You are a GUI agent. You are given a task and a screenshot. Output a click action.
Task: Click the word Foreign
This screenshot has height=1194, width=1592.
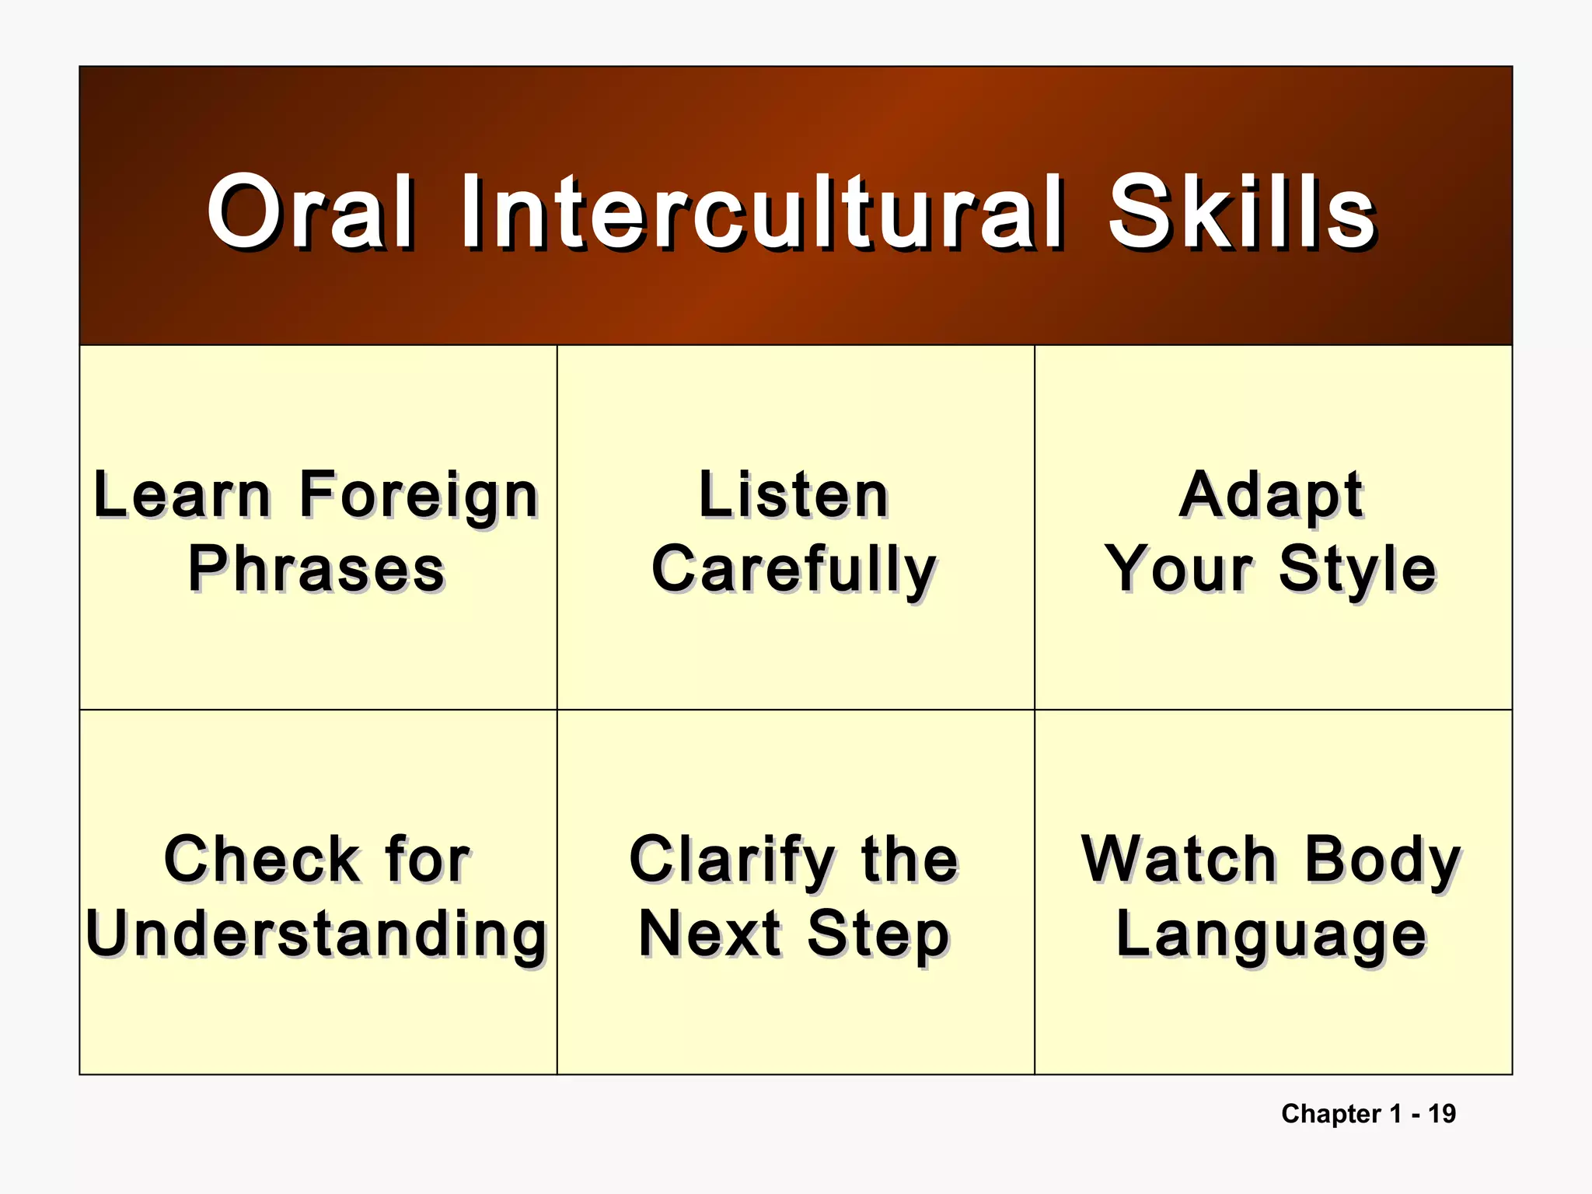(419, 495)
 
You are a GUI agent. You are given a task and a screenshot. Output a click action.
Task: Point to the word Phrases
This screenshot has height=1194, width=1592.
(317, 569)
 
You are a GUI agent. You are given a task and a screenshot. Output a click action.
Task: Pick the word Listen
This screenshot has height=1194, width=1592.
(794, 495)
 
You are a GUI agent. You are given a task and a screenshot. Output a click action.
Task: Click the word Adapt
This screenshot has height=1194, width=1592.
(1271, 495)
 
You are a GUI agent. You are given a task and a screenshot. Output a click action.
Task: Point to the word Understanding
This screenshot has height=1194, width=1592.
(317, 934)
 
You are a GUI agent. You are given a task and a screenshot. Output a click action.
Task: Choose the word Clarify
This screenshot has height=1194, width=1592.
(731, 861)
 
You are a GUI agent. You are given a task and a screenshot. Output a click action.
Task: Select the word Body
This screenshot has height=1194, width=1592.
(1383, 861)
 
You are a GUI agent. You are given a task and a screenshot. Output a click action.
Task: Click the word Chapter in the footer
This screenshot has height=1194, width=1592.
(1331, 1113)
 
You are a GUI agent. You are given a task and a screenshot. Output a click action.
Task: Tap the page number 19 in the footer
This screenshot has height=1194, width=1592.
(1442, 1113)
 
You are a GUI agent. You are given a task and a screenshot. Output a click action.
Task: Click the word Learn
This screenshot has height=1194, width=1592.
(183, 495)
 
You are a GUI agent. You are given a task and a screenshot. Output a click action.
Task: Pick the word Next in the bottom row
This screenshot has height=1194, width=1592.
(710, 934)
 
